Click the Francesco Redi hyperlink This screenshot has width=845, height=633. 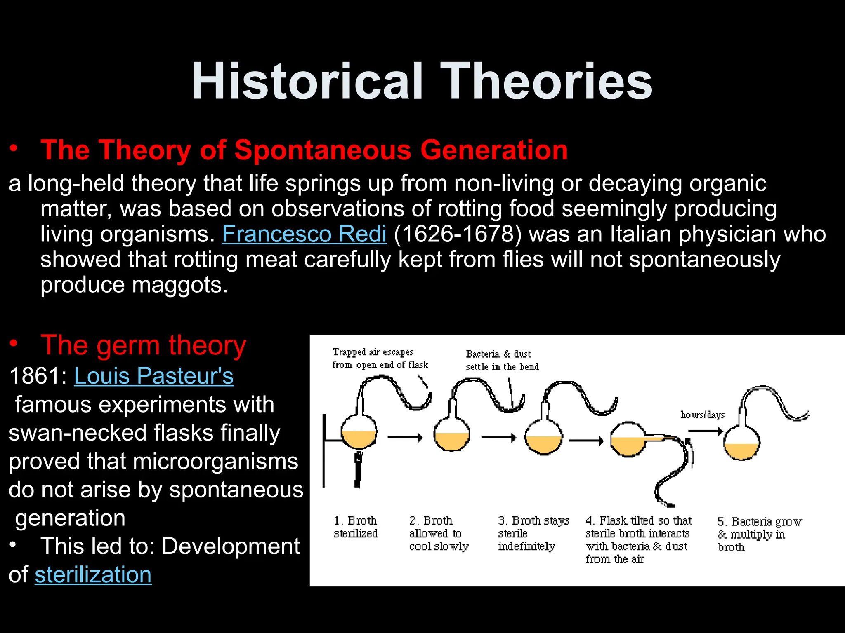[304, 234]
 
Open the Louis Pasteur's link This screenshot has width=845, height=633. [153, 376]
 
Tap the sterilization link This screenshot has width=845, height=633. [93, 574]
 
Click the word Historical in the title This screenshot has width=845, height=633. [307, 81]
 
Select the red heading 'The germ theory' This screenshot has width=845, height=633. [143, 345]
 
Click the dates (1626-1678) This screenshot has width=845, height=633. [458, 234]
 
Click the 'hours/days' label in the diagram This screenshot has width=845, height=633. [702, 415]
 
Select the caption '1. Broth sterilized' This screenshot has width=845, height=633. [356, 527]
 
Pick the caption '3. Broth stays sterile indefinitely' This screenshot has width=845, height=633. [532, 533]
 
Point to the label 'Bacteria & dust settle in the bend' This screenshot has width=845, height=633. [502, 360]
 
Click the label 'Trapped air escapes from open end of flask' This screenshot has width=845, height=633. [380, 358]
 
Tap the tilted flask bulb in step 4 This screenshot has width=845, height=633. [628, 440]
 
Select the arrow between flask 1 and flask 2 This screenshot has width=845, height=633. [405, 438]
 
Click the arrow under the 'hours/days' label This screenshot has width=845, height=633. [705, 431]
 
